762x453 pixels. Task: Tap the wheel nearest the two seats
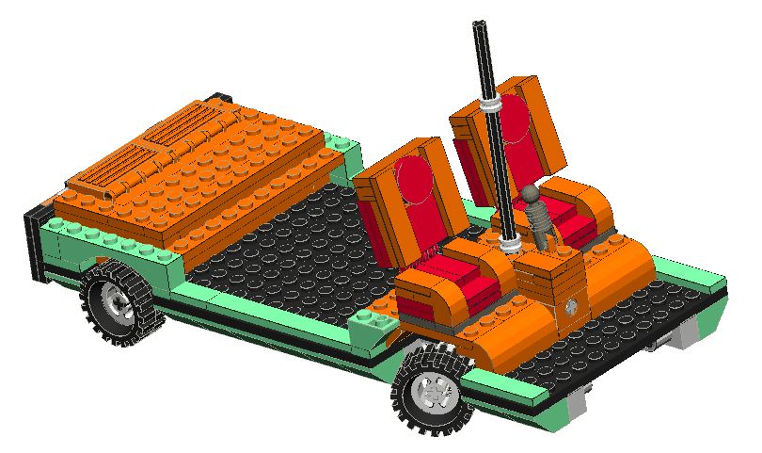[433, 387]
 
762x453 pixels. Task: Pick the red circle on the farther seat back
[514, 120]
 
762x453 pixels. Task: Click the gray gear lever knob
[532, 194]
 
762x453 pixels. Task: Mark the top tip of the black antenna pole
[479, 24]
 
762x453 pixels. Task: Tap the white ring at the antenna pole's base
[513, 246]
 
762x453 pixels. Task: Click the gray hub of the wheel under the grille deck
[119, 303]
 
